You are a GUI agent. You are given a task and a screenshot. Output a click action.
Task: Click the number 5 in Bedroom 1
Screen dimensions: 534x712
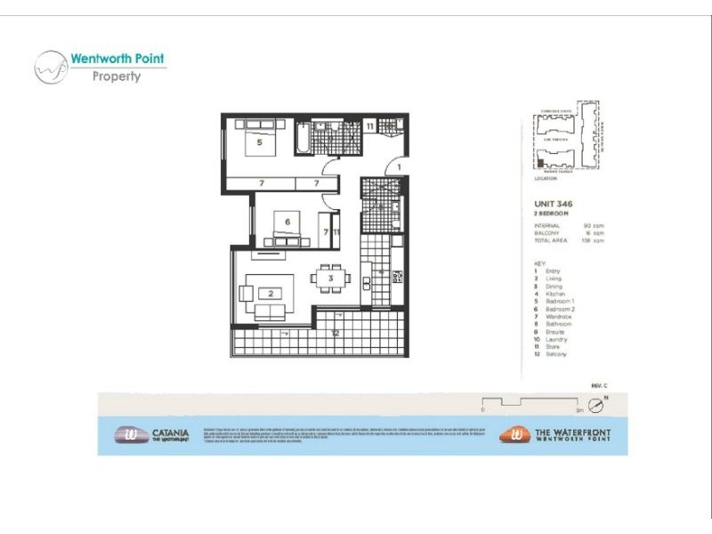tap(259, 142)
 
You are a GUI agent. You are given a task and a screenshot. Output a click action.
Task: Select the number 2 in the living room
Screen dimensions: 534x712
tap(269, 293)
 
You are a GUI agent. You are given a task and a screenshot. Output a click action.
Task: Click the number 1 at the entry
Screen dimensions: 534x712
tap(400, 166)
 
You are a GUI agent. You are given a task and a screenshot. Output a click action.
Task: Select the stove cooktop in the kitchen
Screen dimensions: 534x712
tap(397, 279)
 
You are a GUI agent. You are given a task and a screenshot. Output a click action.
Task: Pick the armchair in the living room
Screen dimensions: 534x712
tap(244, 291)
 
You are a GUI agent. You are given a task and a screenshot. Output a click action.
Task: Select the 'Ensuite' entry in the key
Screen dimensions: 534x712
tap(554, 332)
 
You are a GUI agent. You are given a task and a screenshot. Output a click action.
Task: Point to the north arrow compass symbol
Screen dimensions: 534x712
tap(597, 407)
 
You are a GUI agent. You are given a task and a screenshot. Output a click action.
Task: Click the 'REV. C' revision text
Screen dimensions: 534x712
tap(598, 384)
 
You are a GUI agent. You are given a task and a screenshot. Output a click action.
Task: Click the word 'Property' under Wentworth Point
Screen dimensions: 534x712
tap(117, 77)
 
